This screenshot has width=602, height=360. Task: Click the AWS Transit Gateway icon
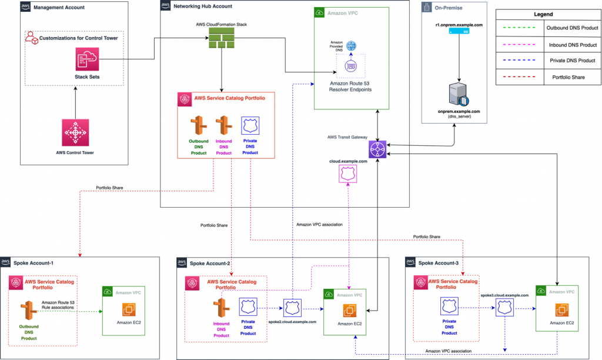pyautogui.click(x=377, y=149)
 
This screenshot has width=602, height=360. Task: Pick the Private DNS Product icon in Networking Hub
pyautogui.click(x=250, y=125)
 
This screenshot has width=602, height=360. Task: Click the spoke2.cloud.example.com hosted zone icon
pyautogui.click(x=292, y=308)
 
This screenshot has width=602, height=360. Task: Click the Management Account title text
pyautogui.click(x=59, y=8)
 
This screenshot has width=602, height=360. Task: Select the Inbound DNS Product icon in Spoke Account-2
pyautogui.click(x=222, y=308)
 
